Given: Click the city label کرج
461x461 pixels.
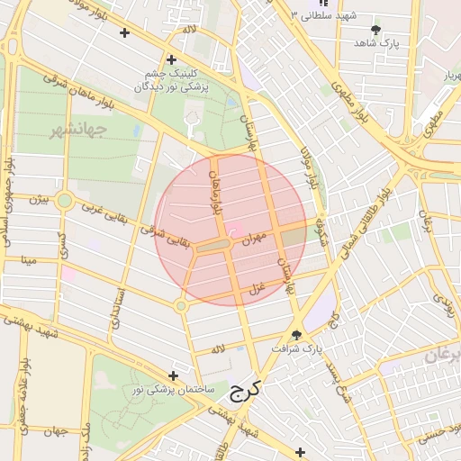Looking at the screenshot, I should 243,391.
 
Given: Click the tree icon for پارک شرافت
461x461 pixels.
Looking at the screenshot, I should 297,334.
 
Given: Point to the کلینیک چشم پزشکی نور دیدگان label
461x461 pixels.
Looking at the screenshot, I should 170,81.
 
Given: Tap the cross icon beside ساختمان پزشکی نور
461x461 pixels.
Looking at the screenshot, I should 174,375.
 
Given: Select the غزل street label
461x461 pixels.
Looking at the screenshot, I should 256,288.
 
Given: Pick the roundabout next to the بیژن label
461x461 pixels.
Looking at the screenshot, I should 64,201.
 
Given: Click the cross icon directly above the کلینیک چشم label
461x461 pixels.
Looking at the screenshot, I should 170,59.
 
